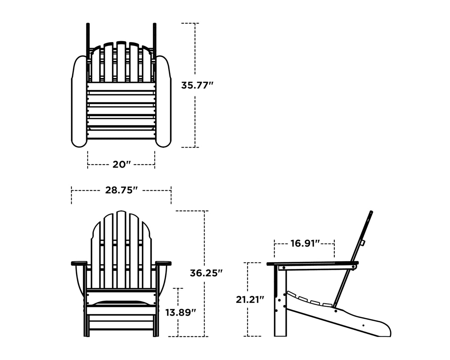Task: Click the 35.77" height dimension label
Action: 197,85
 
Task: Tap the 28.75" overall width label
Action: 121,190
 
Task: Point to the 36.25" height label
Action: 206,273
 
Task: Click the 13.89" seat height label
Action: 181,312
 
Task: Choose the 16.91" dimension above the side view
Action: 305,243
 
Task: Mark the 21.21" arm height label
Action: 250,299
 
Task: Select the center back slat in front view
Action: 121,248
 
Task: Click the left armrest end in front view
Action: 79,263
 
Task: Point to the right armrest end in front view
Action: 163,263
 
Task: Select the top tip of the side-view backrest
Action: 371,212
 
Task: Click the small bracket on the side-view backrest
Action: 363,243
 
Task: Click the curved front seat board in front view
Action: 121,303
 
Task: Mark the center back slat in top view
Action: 121,61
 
